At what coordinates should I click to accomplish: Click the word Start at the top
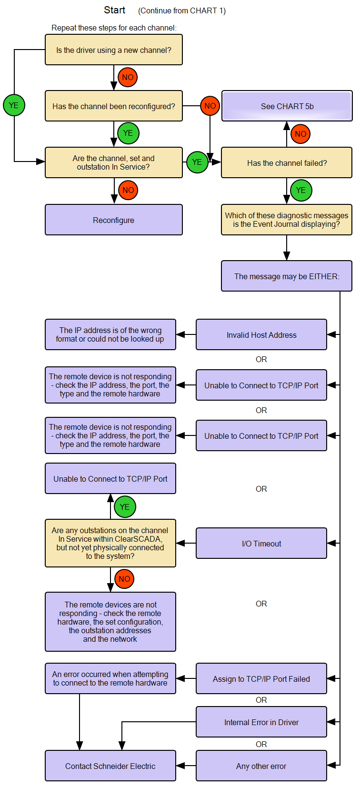point(114,10)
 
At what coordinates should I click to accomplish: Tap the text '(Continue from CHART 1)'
point(182,10)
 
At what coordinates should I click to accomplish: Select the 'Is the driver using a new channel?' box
point(113,50)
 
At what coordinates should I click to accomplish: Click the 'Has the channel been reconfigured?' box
point(113,106)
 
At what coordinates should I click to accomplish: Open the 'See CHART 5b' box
point(287,106)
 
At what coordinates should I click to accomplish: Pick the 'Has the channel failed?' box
point(287,162)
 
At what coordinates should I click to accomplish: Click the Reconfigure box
point(113,220)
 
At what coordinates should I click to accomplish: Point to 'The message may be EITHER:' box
point(287,276)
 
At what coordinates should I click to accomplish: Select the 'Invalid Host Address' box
point(261,334)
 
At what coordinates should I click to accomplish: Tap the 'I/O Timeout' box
point(261,543)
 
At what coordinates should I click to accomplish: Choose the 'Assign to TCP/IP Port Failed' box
point(261,678)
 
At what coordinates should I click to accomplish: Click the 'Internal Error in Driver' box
point(261,722)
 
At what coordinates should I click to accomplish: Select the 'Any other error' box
point(261,766)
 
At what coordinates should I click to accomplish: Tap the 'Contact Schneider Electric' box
point(110,766)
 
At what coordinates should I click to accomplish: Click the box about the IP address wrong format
point(110,334)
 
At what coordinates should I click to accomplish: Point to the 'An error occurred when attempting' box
point(110,678)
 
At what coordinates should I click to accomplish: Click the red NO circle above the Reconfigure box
point(128,190)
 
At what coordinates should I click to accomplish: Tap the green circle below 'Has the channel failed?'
point(301,190)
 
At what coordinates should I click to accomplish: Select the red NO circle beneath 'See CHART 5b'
point(300,134)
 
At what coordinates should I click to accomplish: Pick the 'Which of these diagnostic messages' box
point(287,220)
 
